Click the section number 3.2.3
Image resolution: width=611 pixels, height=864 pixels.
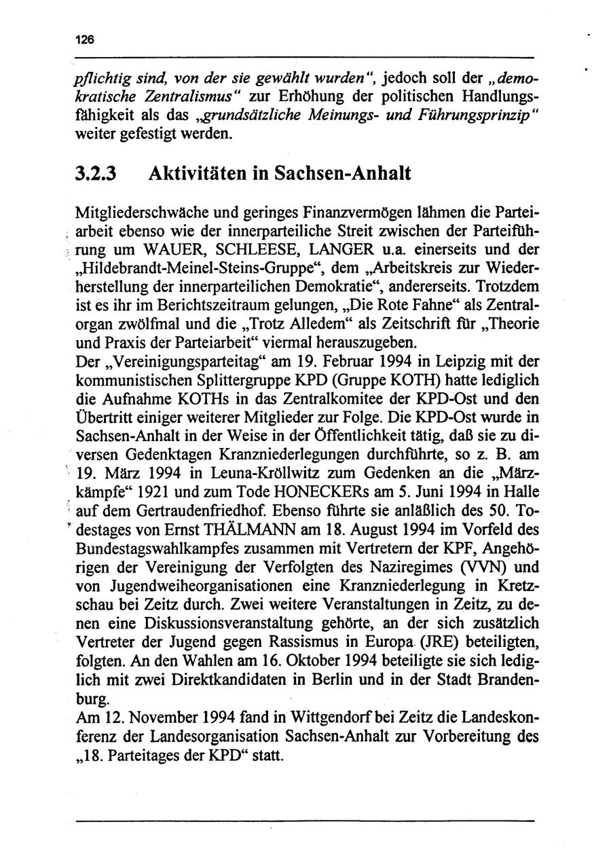(96, 173)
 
